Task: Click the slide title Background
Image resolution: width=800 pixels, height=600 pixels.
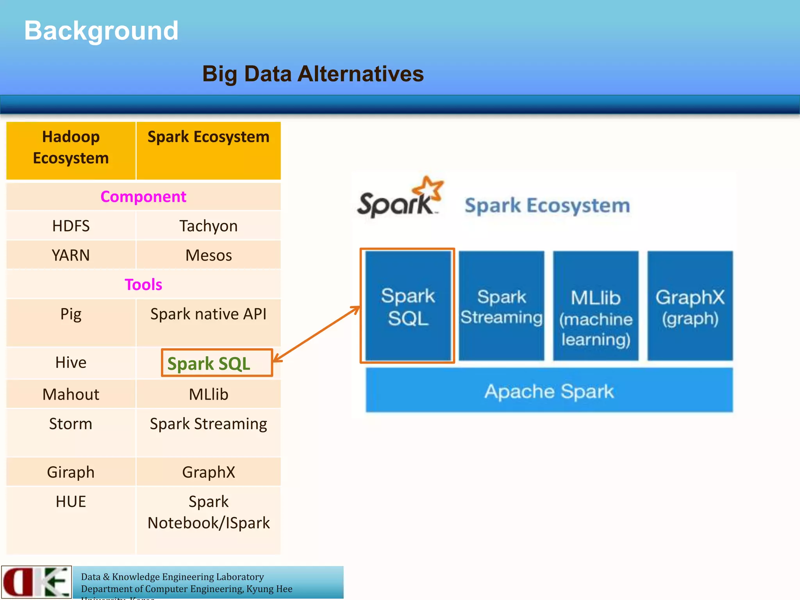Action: click(x=101, y=31)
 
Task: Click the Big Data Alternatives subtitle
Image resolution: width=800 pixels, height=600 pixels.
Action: click(x=312, y=74)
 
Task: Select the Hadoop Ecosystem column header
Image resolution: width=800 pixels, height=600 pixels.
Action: click(x=71, y=148)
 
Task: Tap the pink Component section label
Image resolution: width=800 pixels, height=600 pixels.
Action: click(x=143, y=196)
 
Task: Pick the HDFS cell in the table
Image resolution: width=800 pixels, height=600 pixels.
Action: click(x=71, y=226)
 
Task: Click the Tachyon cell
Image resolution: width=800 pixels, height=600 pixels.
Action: click(x=208, y=226)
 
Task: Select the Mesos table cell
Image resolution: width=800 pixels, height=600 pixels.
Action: click(x=208, y=255)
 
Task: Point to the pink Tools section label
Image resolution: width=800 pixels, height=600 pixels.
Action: click(x=143, y=284)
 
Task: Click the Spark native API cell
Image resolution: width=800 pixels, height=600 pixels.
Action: click(x=208, y=314)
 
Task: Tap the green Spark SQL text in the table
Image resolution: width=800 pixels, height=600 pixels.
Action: click(x=209, y=364)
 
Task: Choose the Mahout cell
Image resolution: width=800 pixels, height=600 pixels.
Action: click(x=71, y=394)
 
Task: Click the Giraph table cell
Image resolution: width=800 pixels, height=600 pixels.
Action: click(x=71, y=472)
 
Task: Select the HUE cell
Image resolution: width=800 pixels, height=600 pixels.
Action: click(x=71, y=502)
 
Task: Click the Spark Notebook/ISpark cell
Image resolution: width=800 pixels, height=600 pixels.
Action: click(x=208, y=512)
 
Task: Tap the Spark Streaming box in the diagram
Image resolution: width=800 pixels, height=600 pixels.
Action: click(x=501, y=306)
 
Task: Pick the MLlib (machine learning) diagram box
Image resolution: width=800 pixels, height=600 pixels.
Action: click(x=595, y=318)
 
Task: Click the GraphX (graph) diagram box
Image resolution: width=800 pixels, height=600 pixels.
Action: click(x=690, y=307)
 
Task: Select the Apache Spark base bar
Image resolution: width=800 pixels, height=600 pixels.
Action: click(x=549, y=391)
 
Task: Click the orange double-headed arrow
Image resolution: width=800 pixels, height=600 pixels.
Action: click(x=316, y=334)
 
